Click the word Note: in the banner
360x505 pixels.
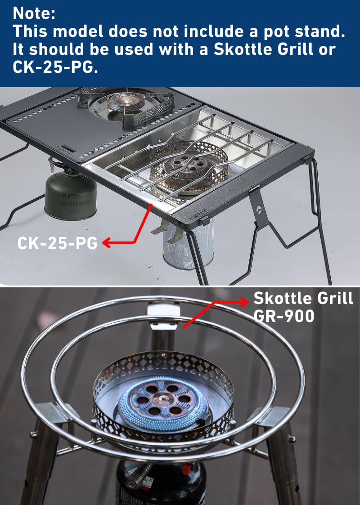pyautogui.click(x=34, y=13)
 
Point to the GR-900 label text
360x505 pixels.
pyautogui.click(x=283, y=316)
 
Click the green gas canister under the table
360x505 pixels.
pyautogui.click(x=71, y=196)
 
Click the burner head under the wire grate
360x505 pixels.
pyautogui.click(x=189, y=166)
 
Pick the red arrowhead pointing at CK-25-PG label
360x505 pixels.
pyautogui.click(x=107, y=243)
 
